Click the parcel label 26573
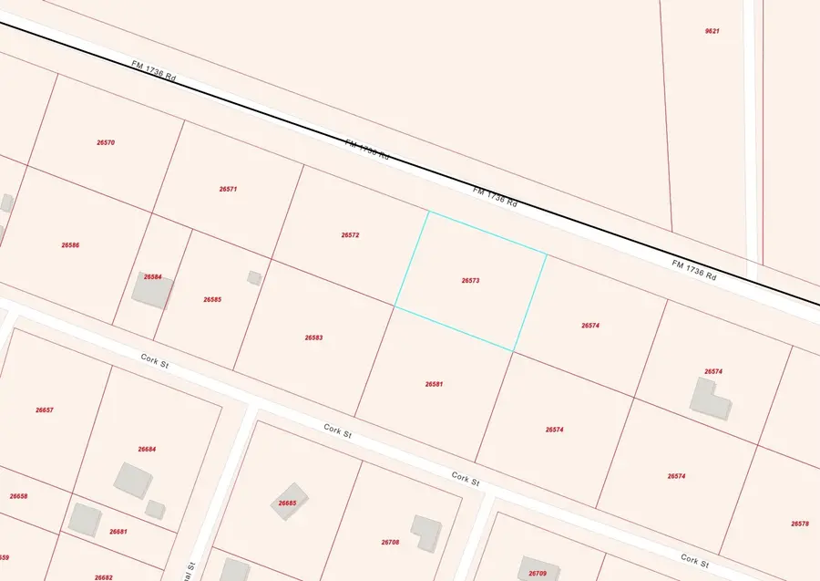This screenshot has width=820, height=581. pos(470,281)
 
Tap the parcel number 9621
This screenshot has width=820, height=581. pos(712,31)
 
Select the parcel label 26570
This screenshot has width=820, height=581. pos(106,142)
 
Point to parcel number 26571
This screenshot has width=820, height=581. pos(228,189)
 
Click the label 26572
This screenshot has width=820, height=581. pos(350,235)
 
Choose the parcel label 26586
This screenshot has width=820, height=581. pos(70,245)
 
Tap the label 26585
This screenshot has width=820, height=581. pos(212,299)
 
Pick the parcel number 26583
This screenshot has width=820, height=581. pos(313,337)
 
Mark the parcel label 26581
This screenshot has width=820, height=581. pos(434,384)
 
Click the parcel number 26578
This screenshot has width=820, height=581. pos(799,524)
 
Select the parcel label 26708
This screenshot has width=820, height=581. pos(390,542)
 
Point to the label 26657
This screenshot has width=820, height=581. pos(45,410)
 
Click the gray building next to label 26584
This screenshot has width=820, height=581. pos(152,290)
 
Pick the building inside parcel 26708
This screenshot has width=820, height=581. pos(425,532)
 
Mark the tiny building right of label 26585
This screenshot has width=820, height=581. pos(254,277)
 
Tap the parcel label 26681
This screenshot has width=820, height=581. pos(118,532)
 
